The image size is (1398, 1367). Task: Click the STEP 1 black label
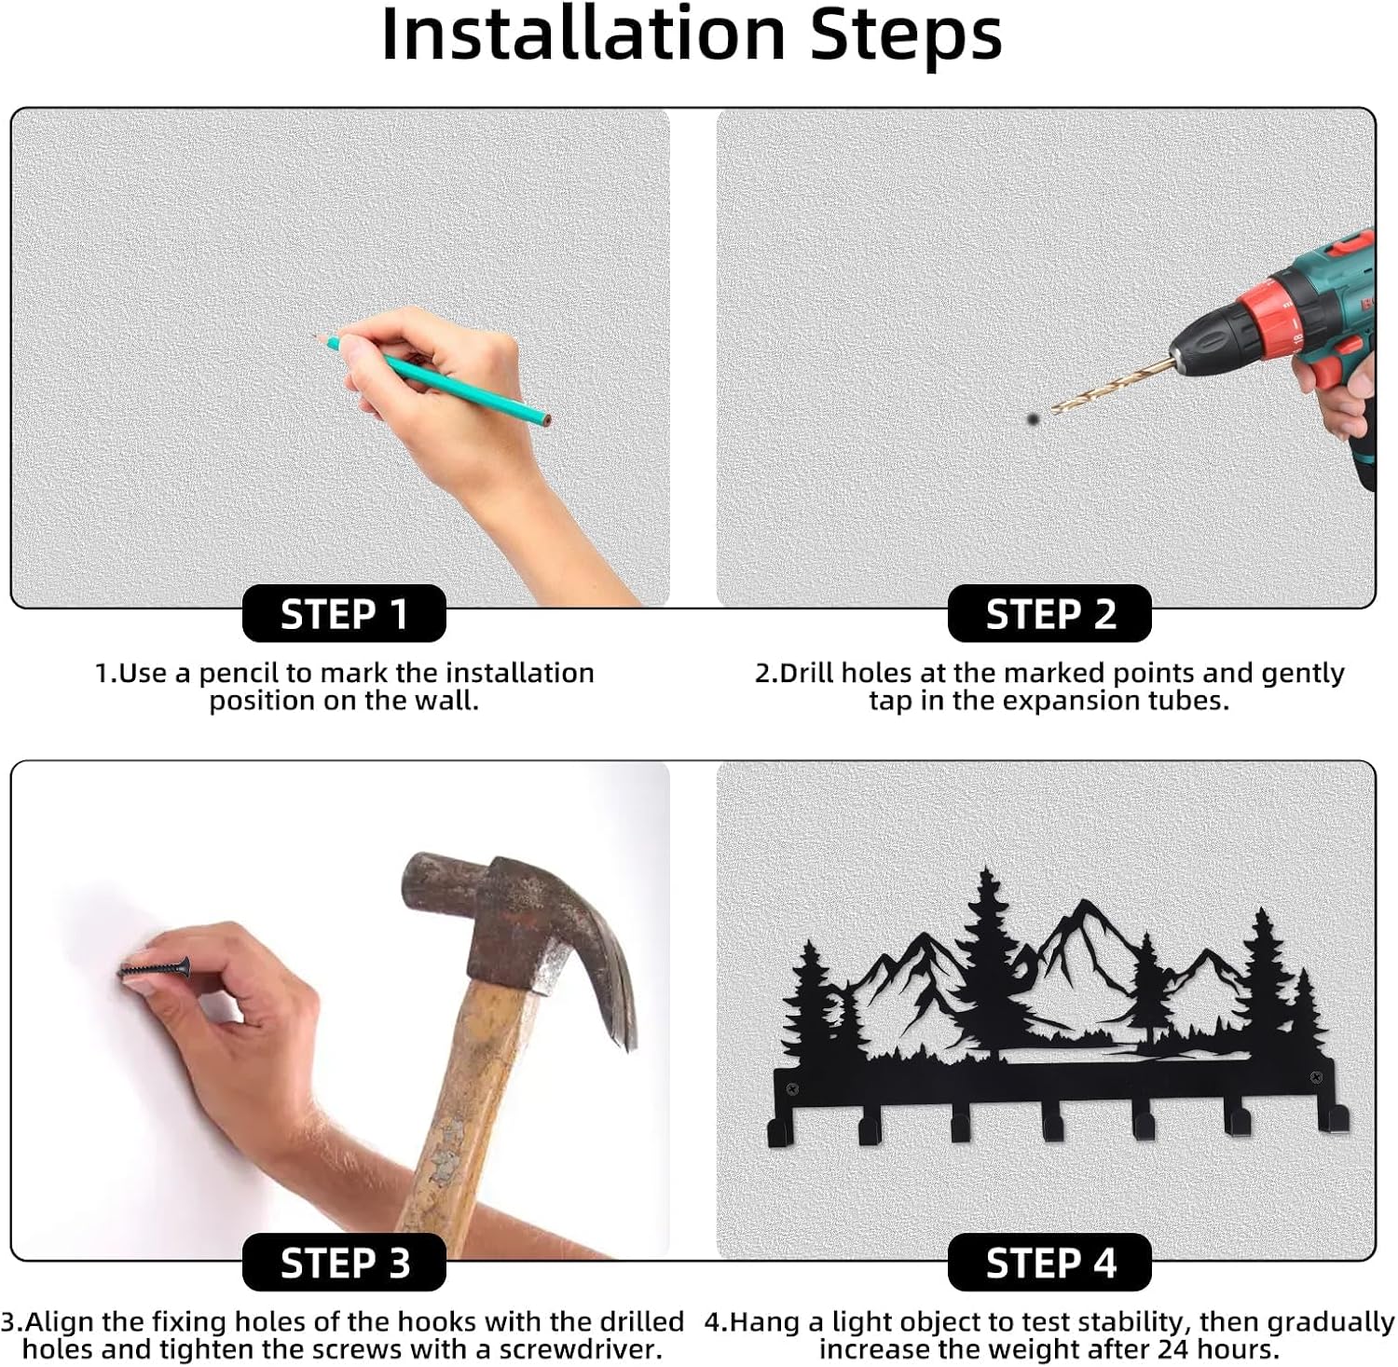(x=344, y=614)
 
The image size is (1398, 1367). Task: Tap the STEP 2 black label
(x=1049, y=614)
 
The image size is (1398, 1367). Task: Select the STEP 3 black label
(x=344, y=1263)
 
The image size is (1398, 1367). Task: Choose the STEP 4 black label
(x=1049, y=1263)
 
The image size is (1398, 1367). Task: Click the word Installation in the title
(x=584, y=35)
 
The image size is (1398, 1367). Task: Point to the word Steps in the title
(x=906, y=37)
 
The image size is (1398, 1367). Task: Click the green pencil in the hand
(x=432, y=379)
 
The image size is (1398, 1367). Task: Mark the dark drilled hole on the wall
(x=1033, y=419)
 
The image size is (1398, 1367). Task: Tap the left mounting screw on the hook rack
(x=792, y=1088)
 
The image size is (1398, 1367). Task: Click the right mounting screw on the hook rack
(x=1316, y=1078)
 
